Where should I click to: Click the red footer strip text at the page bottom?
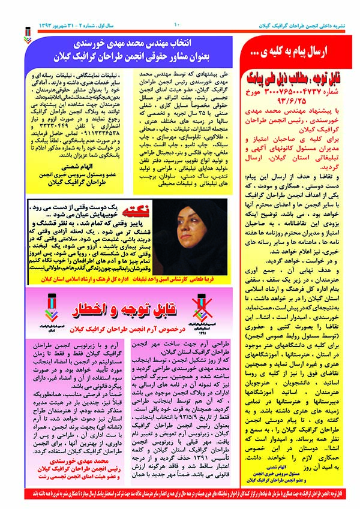point(180,495)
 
